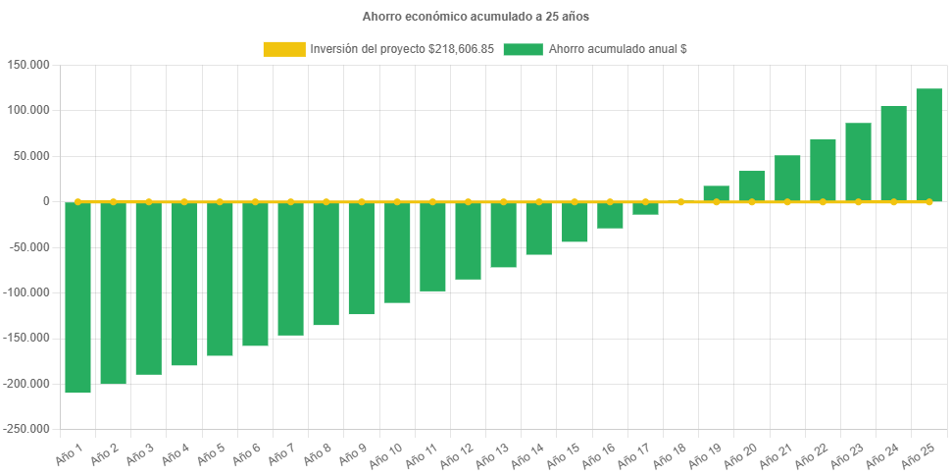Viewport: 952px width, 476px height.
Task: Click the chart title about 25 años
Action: pos(476,17)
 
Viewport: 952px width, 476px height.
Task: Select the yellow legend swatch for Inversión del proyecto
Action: pos(283,49)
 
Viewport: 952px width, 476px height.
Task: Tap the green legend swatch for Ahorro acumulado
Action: pos(523,49)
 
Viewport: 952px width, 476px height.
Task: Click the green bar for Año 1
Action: pos(77,297)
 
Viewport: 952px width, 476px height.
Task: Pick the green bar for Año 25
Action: pos(928,145)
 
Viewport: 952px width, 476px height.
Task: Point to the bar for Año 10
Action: pos(397,252)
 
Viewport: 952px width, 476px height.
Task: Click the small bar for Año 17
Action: pos(645,208)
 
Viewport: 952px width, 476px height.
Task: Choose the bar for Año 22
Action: pos(823,170)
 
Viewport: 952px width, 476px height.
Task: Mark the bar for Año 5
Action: pos(220,279)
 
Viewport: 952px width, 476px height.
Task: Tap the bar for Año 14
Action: pos(538,228)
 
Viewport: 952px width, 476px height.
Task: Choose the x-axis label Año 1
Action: pos(68,452)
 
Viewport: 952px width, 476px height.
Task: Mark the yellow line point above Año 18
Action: pos(680,201)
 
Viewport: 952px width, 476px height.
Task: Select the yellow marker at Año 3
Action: pos(149,201)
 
